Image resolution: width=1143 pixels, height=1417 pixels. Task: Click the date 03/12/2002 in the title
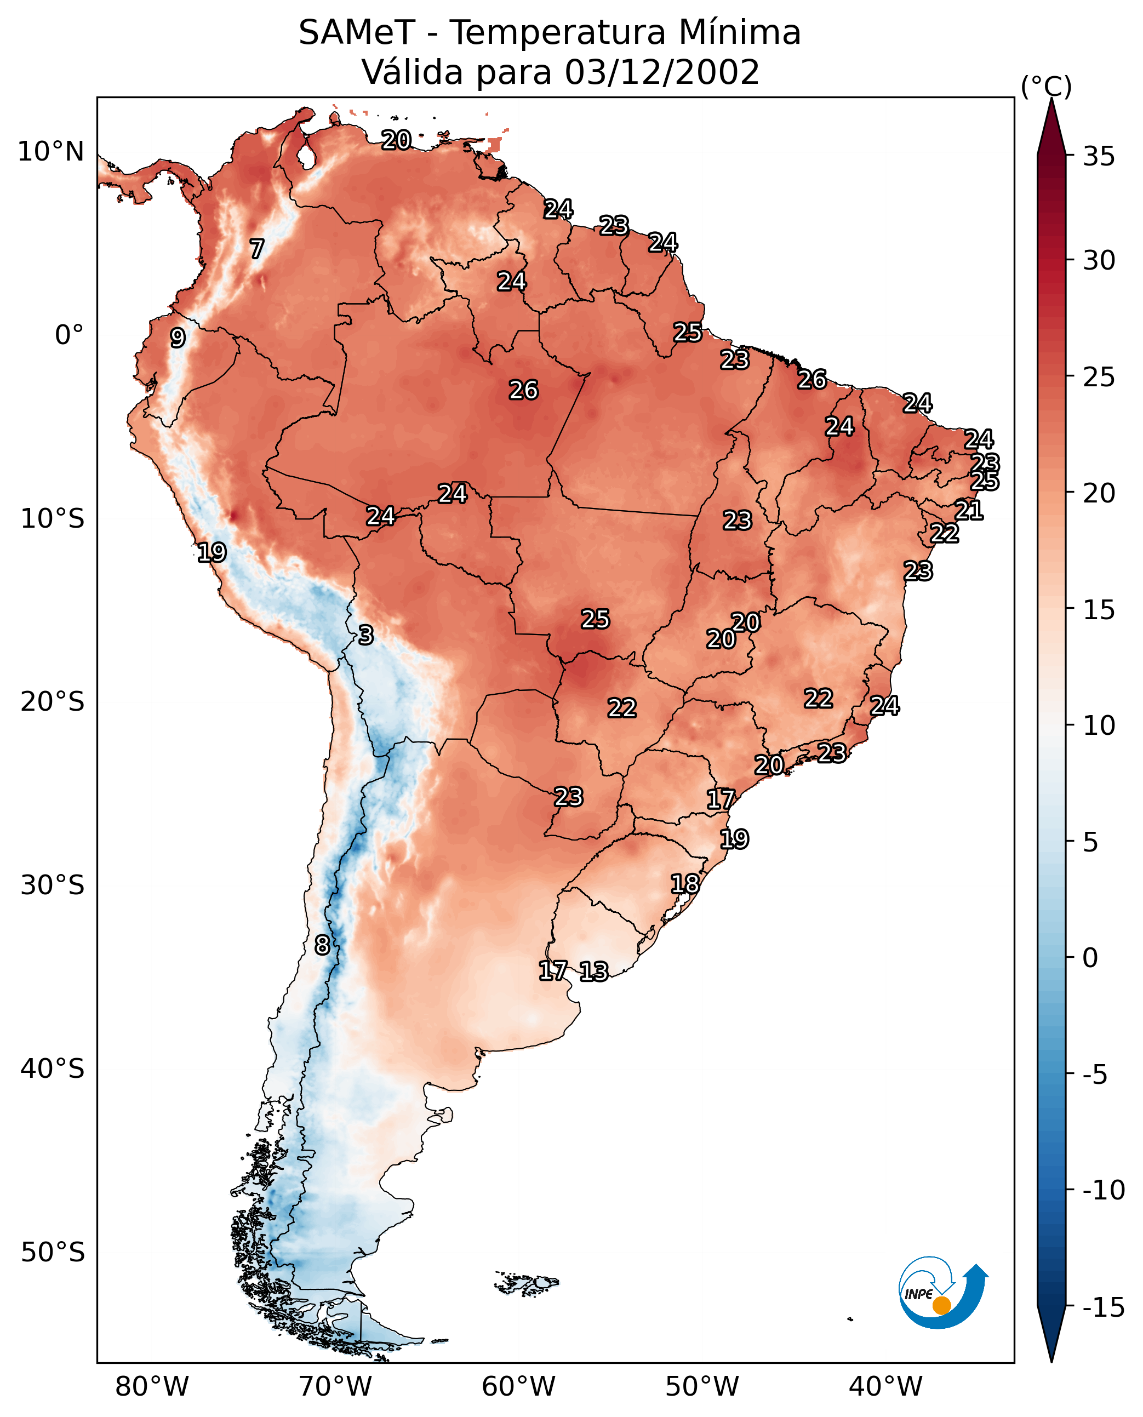coord(662,72)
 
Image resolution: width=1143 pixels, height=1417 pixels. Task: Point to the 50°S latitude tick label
coord(53,1253)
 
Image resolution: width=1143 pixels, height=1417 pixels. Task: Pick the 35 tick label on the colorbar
coord(1099,157)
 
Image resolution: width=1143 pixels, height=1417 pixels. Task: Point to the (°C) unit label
coord(1046,86)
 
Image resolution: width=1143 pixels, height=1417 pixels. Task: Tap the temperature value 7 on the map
coord(257,249)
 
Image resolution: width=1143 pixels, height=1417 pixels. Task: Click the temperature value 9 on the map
coord(178,338)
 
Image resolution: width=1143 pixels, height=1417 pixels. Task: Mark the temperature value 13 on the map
coord(594,972)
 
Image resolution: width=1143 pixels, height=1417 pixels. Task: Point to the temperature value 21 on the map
coord(969,510)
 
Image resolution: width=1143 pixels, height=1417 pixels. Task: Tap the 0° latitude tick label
coord(69,335)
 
